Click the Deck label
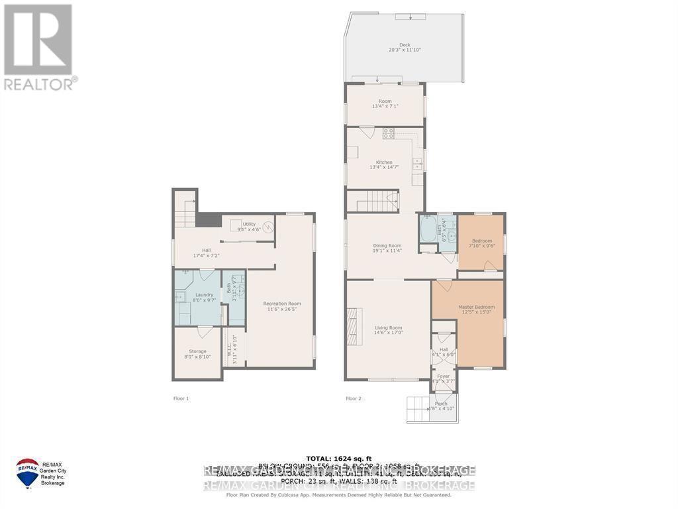[x=405, y=45]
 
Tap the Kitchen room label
[x=384, y=162]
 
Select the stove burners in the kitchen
[x=389, y=133]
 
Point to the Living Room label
[x=388, y=327]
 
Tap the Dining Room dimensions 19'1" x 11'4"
[x=387, y=251]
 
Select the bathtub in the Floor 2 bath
[x=428, y=231]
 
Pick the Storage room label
[x=197, y=351]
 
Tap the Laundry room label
[x=204, y=294]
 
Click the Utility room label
[x=249, y=224]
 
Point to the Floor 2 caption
[x=354, y=398]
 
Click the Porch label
[x=441, y=404]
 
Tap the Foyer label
[x=443, y=376]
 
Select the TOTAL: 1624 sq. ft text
[x=339, y=458]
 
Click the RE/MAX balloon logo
[x=27, y=472]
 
